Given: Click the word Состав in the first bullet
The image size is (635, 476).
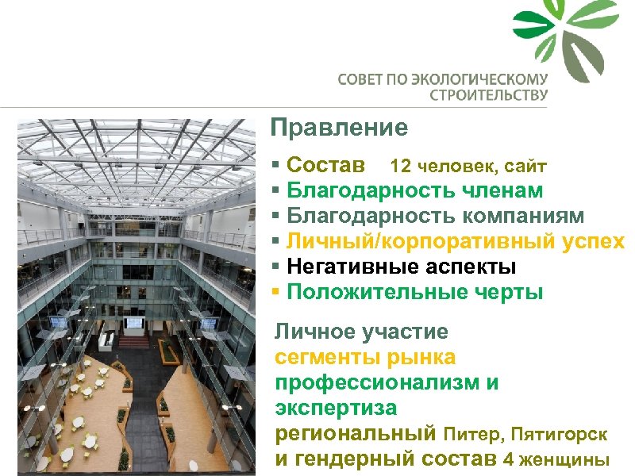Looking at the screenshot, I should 326,166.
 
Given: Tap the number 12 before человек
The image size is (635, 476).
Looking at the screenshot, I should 400,167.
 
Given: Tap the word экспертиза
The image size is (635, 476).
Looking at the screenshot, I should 336,409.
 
